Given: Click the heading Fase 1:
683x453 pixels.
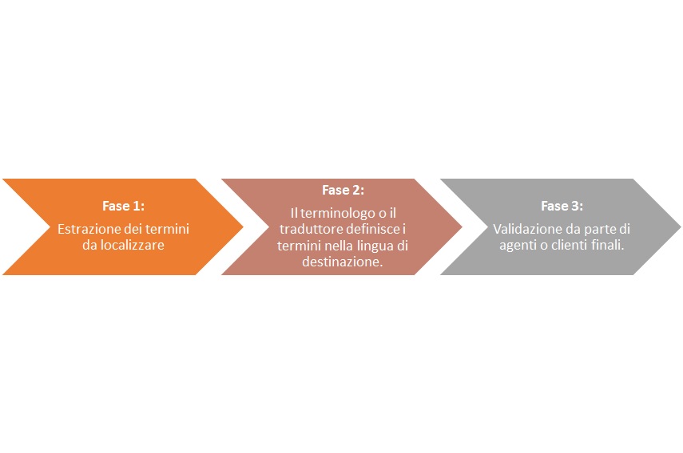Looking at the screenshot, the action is (123, 206).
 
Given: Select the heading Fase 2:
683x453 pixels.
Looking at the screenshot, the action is (343, 190).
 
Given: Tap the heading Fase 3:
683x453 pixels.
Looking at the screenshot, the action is (562, 206).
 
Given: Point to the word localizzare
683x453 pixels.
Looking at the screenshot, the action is (133, 245).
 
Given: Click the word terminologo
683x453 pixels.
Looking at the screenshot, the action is (332, 213).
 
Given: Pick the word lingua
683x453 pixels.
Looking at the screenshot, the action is (375, 246).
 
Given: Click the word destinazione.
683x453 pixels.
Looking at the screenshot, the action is (343, 262).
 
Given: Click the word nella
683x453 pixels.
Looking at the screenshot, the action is (340, 245).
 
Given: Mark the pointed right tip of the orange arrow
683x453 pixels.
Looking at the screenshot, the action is (243, 226).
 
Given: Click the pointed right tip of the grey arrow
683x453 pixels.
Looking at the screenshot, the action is (681, 226).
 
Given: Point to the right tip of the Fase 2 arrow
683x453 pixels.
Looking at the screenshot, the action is (462, 226).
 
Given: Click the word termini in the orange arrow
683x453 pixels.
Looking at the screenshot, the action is (167, 229).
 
